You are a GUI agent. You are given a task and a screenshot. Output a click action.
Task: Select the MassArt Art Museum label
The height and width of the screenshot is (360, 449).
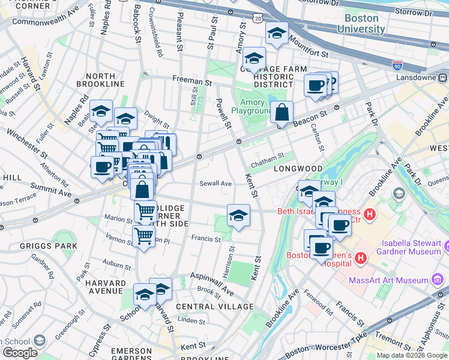coord(396,280)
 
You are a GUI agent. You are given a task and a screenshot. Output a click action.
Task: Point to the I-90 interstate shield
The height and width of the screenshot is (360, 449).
coord(397,64)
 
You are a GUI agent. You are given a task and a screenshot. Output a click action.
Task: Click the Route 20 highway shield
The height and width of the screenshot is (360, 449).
coord(257,19)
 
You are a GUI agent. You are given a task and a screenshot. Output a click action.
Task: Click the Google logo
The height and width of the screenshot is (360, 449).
coord(19,352)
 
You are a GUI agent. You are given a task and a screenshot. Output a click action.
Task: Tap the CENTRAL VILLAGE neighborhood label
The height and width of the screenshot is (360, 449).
coord(215,307)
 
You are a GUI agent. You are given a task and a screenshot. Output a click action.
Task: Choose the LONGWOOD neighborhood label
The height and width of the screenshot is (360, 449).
coord(298,169)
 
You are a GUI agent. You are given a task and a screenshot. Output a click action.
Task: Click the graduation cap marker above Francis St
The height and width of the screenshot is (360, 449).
coord(238,215)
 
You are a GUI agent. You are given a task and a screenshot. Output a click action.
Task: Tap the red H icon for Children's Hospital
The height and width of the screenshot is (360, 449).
coord(361,258)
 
